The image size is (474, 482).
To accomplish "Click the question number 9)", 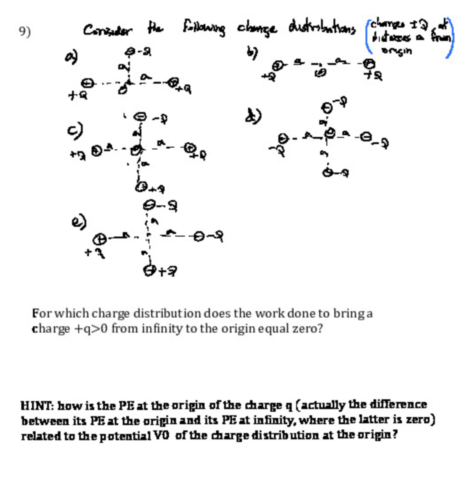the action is [24, 32].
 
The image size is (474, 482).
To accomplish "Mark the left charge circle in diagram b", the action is [279, 66].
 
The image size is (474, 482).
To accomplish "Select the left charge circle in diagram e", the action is [99, 240].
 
